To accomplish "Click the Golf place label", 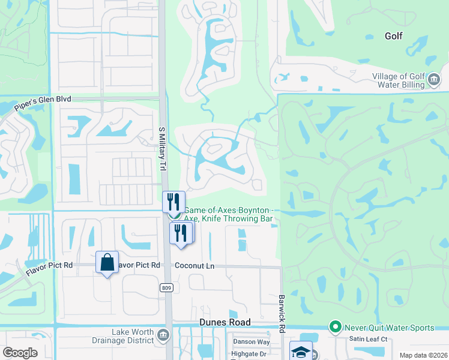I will (x=393, y=36).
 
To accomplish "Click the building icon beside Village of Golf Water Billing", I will (x=433, y=79).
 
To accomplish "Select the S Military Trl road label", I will (x=161, y=149).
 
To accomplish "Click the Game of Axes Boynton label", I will (x=228, y=210).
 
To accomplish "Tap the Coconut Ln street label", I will (x=194, y=265).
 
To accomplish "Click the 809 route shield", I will (x=167, y=288).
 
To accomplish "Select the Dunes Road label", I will (x=224, y=323).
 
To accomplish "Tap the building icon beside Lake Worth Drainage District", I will (x=163, y=335).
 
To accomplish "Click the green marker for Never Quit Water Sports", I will (x=335, y=328).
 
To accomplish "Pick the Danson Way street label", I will (x=252, y=342).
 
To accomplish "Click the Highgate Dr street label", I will (x=250, y=354).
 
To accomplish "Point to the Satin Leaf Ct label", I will (x=369, y=340).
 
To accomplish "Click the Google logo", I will (x=20, y=353).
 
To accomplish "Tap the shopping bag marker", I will (x=107, y=263).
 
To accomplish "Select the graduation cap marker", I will (x=301, y=352).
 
